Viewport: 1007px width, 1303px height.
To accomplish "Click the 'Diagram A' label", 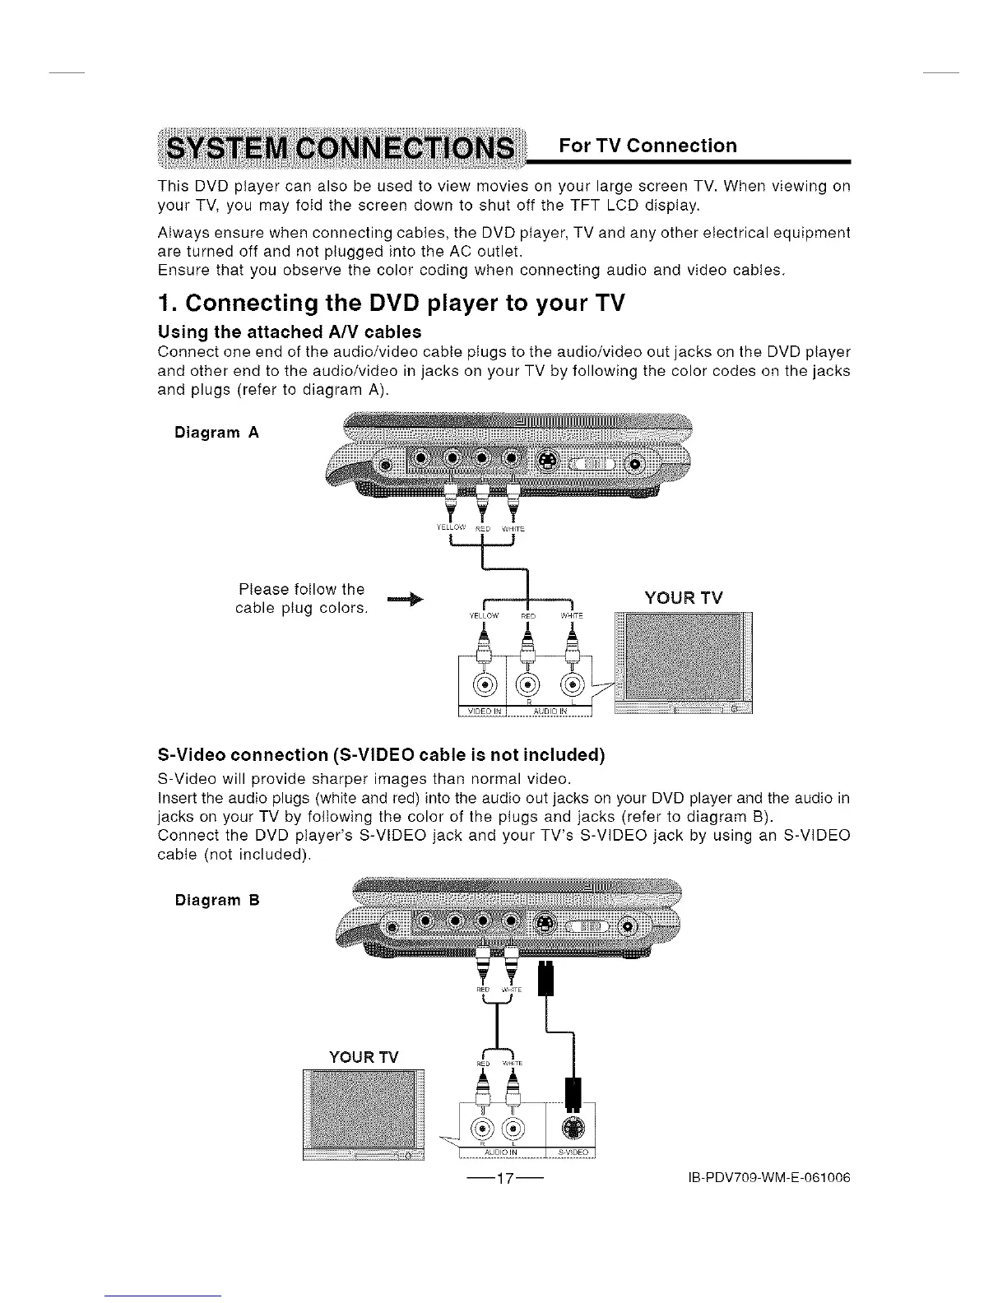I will (216, 433).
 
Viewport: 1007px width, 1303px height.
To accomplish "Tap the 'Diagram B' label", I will (216, 900).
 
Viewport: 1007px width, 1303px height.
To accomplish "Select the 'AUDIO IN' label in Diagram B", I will (501, 1153).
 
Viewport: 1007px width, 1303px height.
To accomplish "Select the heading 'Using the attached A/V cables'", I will (289, 332).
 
